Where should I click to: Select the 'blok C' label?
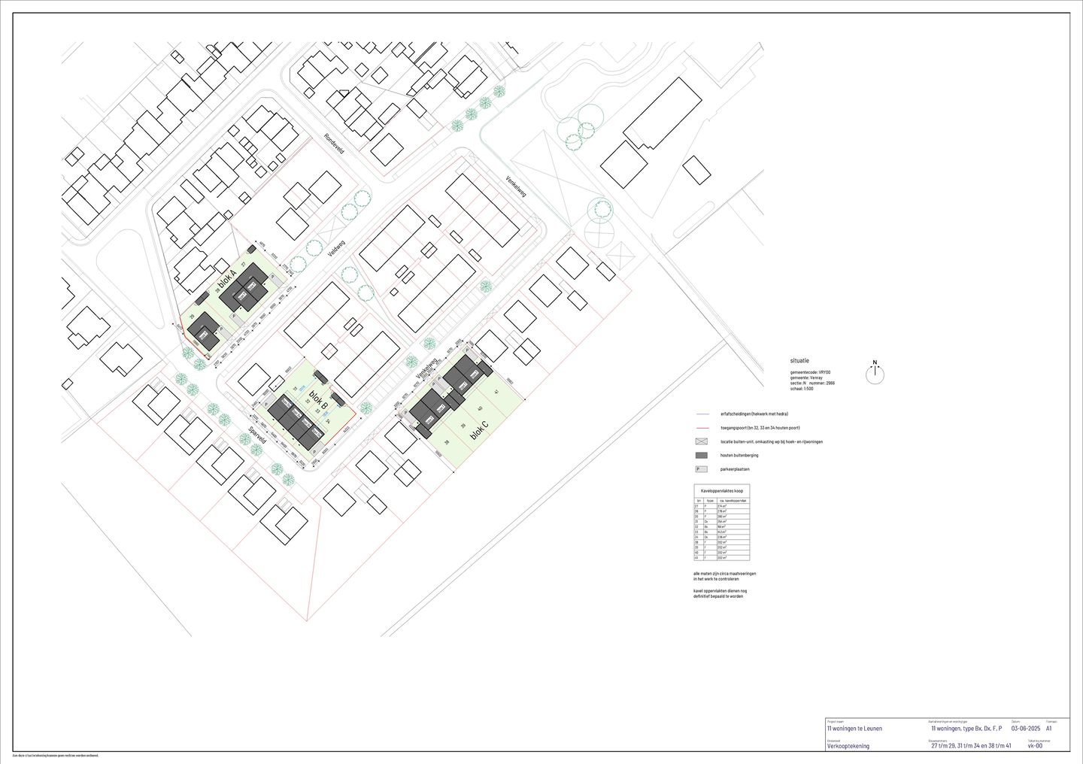click(479, 430)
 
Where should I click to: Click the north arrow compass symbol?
click(875, 374)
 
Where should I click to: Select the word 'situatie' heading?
click(800, 362)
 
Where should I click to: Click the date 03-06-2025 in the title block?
click(1024, 729)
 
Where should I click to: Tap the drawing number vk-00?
click(1035, 746)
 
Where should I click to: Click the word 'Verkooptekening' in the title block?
click(848, 746)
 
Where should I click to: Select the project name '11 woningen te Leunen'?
click(854, 729)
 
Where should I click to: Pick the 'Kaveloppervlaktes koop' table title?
click(721, 490)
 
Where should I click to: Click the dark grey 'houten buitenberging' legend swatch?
click(702, 456)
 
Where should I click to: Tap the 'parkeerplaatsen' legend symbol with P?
click(702, 469)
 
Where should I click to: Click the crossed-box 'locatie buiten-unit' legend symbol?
click(702, 441)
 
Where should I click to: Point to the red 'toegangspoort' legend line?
click(702, 428)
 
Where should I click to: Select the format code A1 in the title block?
click(1049, 729)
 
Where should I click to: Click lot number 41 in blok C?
click(497, 393)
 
